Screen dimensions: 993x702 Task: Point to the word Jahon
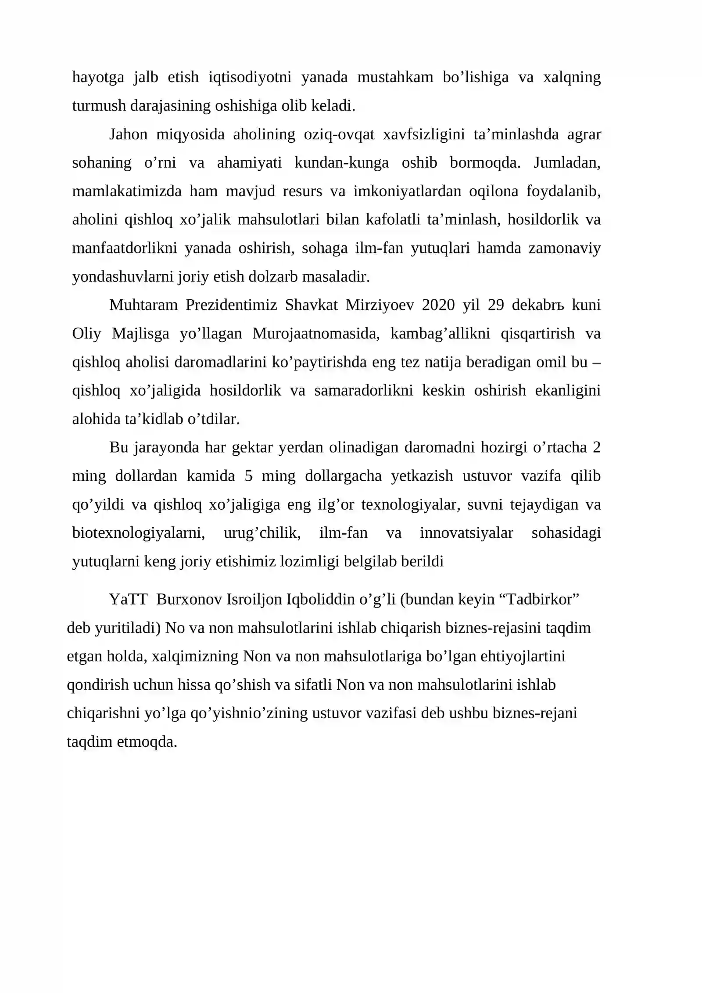point(128,134)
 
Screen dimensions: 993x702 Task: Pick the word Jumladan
point(566,163)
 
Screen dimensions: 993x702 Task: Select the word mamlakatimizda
point(126,191)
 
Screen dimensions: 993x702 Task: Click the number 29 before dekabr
point(495,305)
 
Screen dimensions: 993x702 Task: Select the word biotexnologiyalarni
point(139,533)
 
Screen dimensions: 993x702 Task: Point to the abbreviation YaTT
point(128,599)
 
